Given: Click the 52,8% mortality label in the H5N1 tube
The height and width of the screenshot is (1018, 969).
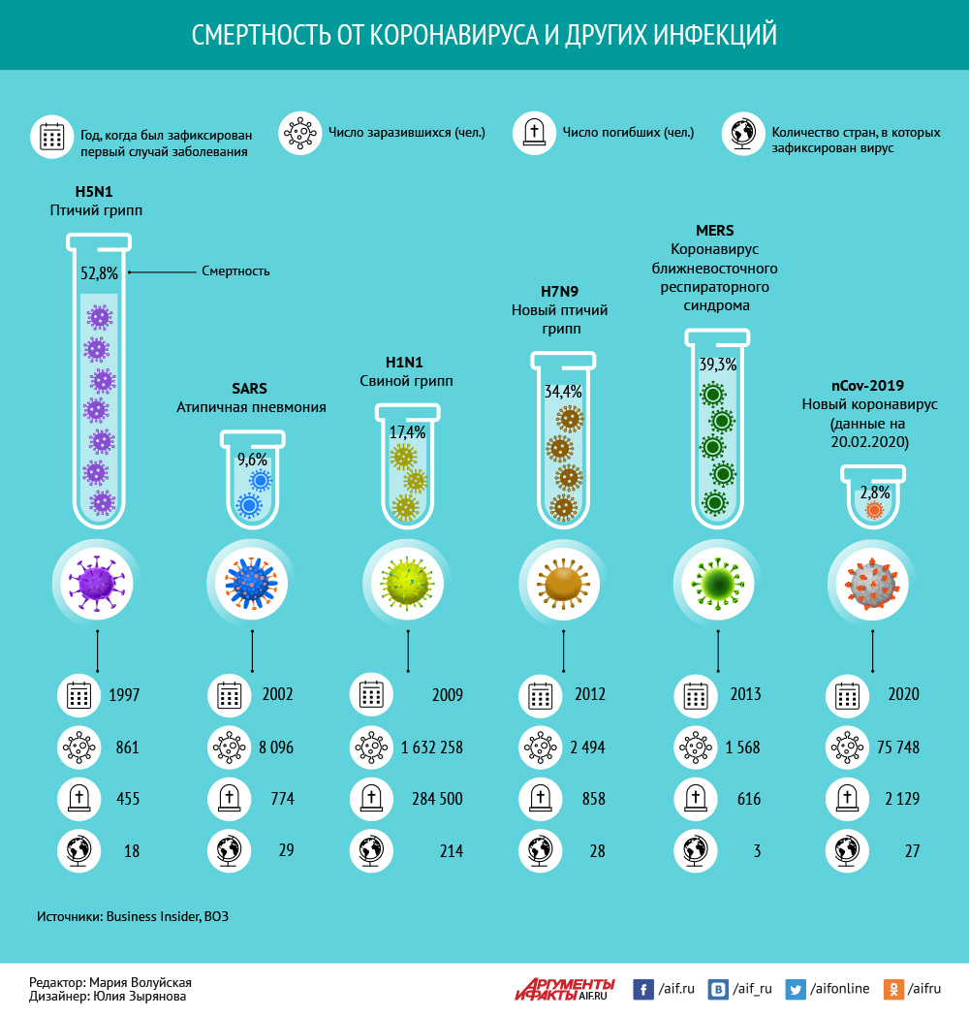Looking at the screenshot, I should click(98, 273).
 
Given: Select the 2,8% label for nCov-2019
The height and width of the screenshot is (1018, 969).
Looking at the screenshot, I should click(874, 492).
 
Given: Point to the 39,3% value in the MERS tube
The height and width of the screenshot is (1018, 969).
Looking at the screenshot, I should click(718, 366).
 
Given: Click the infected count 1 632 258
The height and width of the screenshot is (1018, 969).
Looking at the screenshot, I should click(431, 748).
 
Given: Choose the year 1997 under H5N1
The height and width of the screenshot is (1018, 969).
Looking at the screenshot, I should click(124, 695).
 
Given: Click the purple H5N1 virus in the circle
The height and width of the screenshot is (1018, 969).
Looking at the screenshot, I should click(97, 584).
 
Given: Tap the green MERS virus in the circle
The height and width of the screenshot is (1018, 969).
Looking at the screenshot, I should click(717, 583).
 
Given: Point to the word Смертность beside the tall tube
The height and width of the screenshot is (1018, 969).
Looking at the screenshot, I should click(235, 271).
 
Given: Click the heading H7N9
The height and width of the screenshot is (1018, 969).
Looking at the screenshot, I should click(559, 291).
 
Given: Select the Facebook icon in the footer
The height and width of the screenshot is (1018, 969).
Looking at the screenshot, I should click(642, 989).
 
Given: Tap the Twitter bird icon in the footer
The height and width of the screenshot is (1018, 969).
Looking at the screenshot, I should click(796, 989).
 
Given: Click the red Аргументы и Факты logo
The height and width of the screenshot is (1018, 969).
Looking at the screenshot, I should click(564, 988).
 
